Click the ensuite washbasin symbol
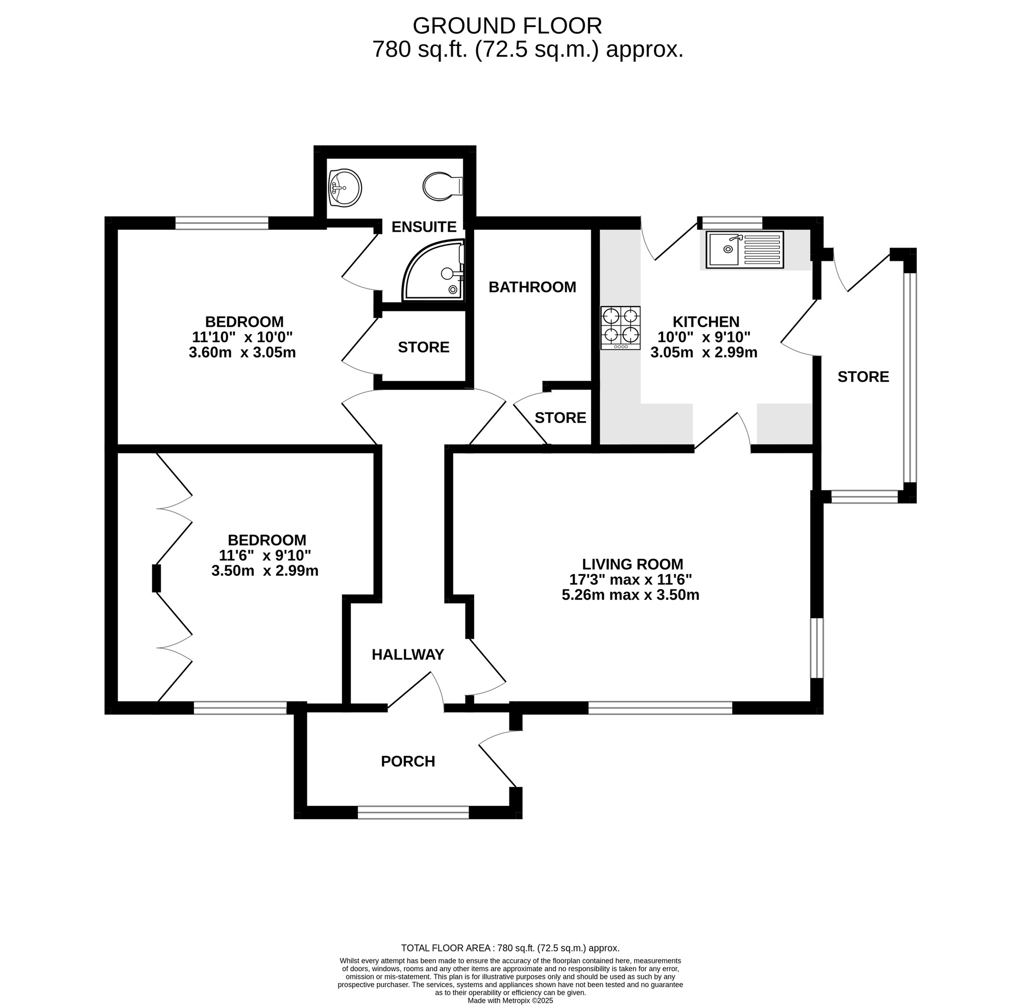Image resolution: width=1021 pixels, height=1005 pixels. click(x=344, y=187)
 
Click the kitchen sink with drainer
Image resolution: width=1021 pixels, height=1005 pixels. click(x=744, y=249)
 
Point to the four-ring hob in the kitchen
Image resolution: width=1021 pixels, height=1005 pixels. click(x=620, y=327)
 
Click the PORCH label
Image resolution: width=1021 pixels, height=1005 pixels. click(x=407, y=761)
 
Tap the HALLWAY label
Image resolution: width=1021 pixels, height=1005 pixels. click(x=407, y=654)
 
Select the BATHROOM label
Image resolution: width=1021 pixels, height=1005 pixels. click(x=531, y=287)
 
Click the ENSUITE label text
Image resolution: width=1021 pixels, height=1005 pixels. click(x=423, y=227)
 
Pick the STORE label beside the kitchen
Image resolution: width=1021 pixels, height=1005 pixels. click(x=863, y=377)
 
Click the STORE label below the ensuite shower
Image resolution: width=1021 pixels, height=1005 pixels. click(x=423, y=347)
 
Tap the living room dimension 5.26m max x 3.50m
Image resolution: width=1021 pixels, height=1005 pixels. click(x=630, y=596)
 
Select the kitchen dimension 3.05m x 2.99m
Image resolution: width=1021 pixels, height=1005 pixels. click(x=703, y=353)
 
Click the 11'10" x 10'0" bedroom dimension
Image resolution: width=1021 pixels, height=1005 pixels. click(x=242, y=337)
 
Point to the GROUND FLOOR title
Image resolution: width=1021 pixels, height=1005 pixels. click(x=507, y=26)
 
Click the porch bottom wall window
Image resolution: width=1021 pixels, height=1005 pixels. click(x=413, y=813)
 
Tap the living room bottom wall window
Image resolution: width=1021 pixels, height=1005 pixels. click(x=660, y=707)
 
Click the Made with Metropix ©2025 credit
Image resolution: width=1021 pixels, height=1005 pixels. click(x=510, y=1000)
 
